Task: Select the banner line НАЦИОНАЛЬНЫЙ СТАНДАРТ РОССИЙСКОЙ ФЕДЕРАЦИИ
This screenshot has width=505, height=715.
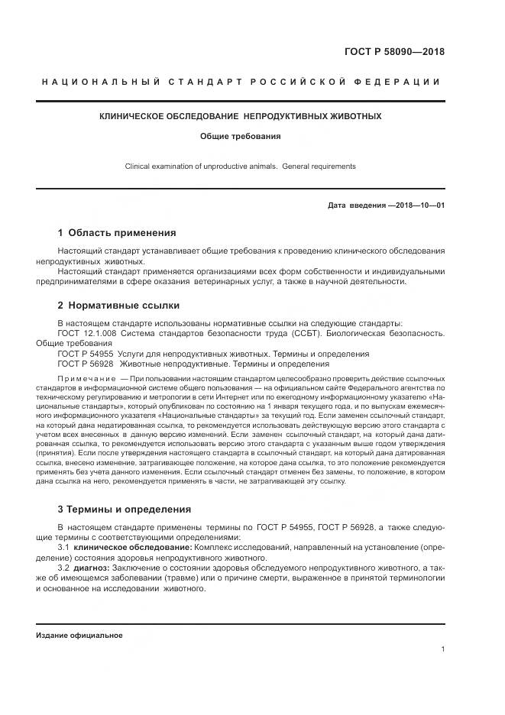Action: [240, 82]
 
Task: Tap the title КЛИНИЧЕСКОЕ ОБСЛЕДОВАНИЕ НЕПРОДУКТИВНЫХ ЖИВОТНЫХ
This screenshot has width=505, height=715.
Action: [241, 117]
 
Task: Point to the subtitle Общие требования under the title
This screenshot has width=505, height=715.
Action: [241, 137]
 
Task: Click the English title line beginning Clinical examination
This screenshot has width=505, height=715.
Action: [241, 166]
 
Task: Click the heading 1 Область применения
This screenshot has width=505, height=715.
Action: [117, 232]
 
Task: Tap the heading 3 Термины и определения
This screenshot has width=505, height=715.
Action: [125, 509]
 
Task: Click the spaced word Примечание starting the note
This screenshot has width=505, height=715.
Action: [86, 379]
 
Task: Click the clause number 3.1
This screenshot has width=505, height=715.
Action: [64, 548]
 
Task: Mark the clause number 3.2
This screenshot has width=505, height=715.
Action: [64, 568]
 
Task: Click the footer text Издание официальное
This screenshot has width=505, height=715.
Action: [79, 635]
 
